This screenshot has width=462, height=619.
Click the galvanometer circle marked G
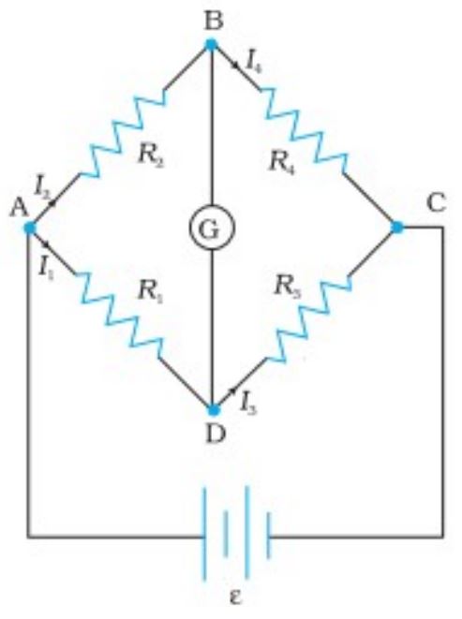[x=189, y=228]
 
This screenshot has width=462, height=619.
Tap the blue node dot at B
[x=212, y=43]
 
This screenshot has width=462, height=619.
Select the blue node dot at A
[x=30, y=228]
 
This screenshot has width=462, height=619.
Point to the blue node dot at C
[x=396, y=227]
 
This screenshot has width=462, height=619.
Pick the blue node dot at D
[x=214, y=410]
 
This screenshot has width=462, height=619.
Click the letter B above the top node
[x=215, y=21]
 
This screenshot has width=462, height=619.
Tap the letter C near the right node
[x=437, y=203]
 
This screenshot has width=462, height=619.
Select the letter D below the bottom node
[x=215, y=434]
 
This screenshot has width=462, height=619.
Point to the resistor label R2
[x=151, y=155]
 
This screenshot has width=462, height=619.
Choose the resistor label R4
[x=281, y=162]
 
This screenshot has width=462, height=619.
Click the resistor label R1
[x=150, y=292]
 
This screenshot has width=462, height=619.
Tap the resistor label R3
[x=288, y=287]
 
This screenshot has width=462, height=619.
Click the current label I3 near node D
[x=248, y=405]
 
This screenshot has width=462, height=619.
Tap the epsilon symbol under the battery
[x=235, y=597]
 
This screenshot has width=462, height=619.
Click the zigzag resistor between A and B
[x=122, y=132]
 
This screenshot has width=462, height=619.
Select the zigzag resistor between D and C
[x=306, y=320]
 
